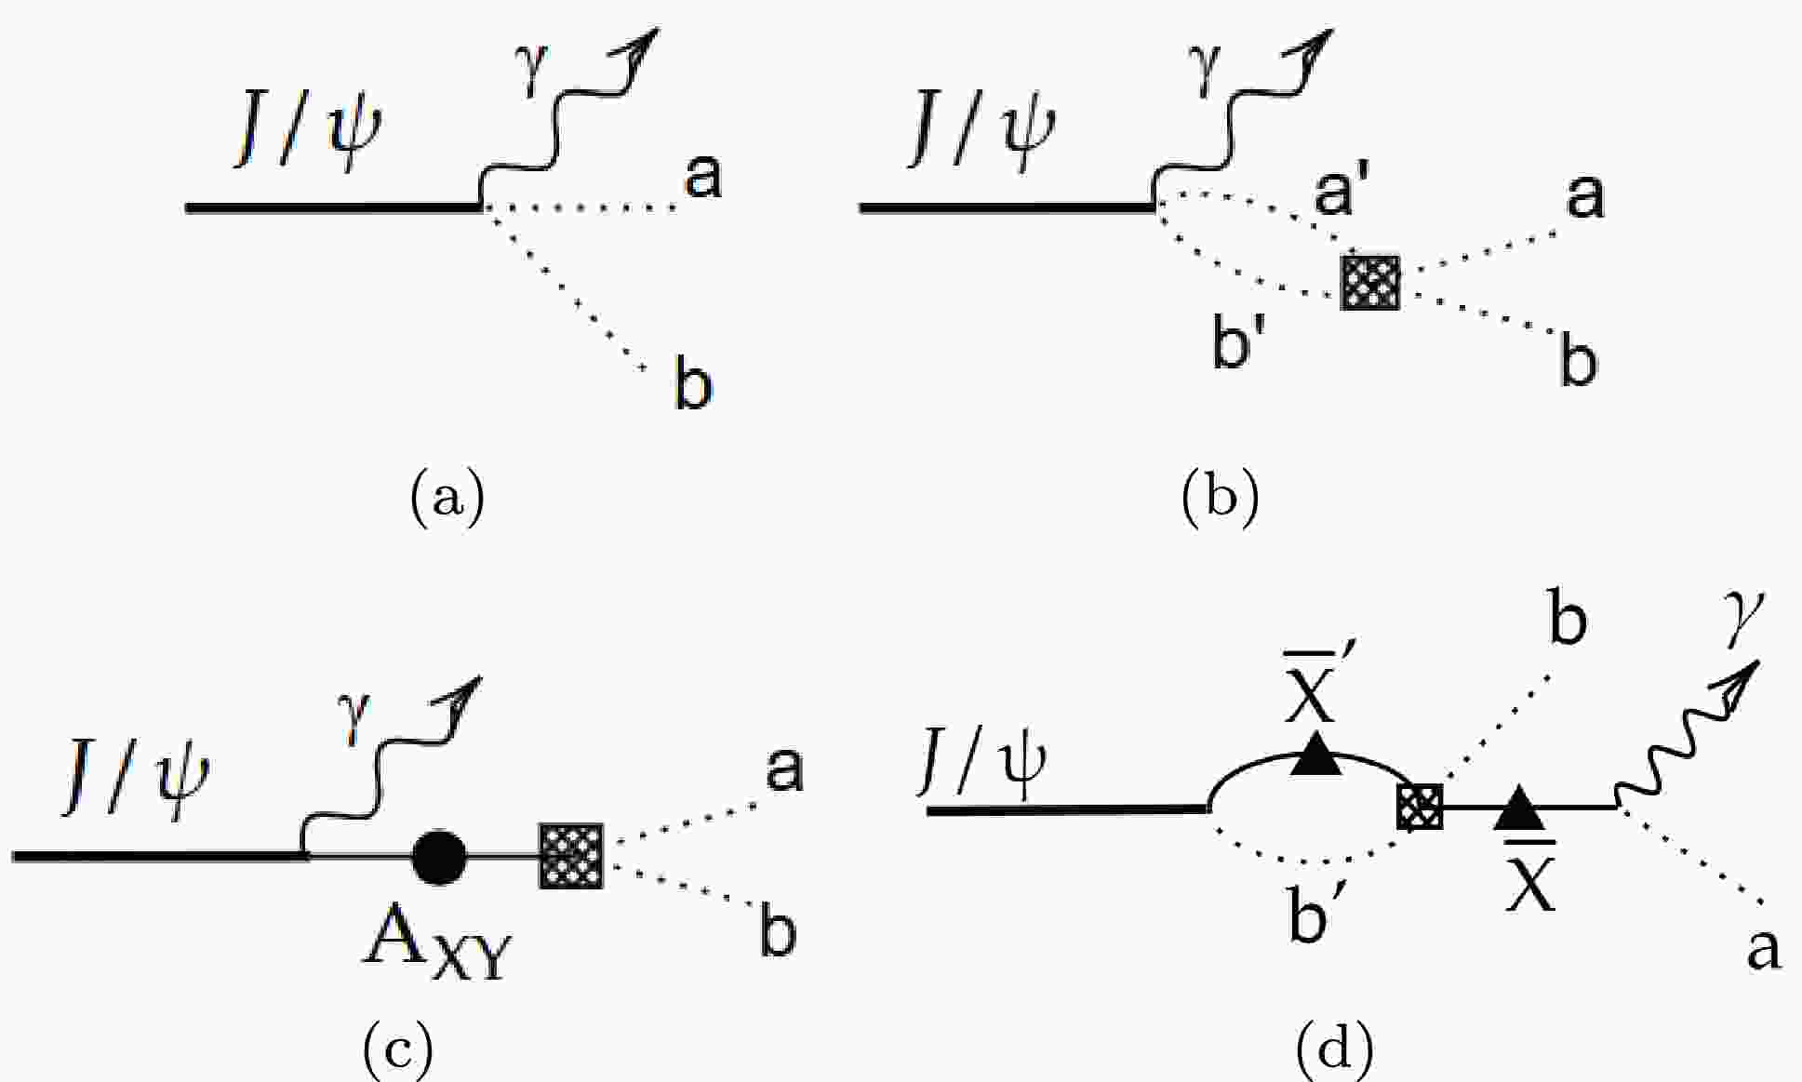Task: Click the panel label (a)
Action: click(x=447, y=498)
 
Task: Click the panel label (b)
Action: click(x=1220, y=498)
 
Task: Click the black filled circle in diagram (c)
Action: click(x=438, y=856)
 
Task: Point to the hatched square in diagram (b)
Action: click(x=1369, y=282)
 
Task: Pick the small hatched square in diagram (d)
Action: click(x=1420, y=806)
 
